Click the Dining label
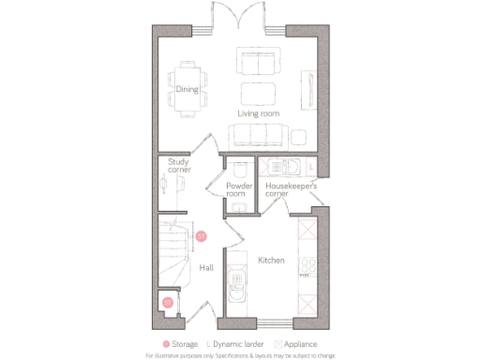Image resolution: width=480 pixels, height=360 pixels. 187,91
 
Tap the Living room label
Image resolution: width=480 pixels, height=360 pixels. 258,113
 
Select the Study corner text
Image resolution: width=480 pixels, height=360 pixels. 178,166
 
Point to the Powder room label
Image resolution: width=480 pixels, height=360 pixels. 241,189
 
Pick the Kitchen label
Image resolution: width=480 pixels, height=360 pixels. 271,260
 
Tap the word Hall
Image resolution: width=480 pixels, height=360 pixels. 206,268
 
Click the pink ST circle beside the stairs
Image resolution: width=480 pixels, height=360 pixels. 201,236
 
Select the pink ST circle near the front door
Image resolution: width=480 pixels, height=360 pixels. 168,302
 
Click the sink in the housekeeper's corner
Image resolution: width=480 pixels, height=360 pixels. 280,169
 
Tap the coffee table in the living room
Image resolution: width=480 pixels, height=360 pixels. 257,94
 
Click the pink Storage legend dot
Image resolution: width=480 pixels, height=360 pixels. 167,344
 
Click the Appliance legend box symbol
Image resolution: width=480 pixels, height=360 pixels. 277,344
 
